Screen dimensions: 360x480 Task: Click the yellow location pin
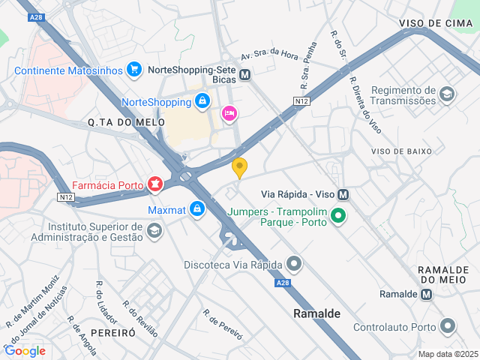[x=239, y=168]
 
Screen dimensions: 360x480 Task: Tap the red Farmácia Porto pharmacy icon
[x=155, y=183]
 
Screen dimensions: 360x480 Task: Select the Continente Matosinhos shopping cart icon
[x=134, y=70]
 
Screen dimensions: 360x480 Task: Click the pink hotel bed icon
[x=229, y=113]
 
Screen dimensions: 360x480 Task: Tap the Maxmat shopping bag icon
[x=196, y=208]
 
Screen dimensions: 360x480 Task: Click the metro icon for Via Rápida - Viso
[x=343, y=193]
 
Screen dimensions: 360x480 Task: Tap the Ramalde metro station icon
[x=427, y=294]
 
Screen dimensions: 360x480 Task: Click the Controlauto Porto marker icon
[x=448, y=326]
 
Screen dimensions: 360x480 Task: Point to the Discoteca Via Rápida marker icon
[x=294, y=264]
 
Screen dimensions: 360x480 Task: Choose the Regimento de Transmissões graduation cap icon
[x=447, y=94]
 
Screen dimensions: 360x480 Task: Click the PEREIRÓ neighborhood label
[x=112, y=331]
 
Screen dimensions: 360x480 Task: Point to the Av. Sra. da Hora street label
[x=269, y=53]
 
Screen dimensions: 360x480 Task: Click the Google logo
[x=25, y=350]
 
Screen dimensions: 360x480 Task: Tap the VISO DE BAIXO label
[x=401, y=151]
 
